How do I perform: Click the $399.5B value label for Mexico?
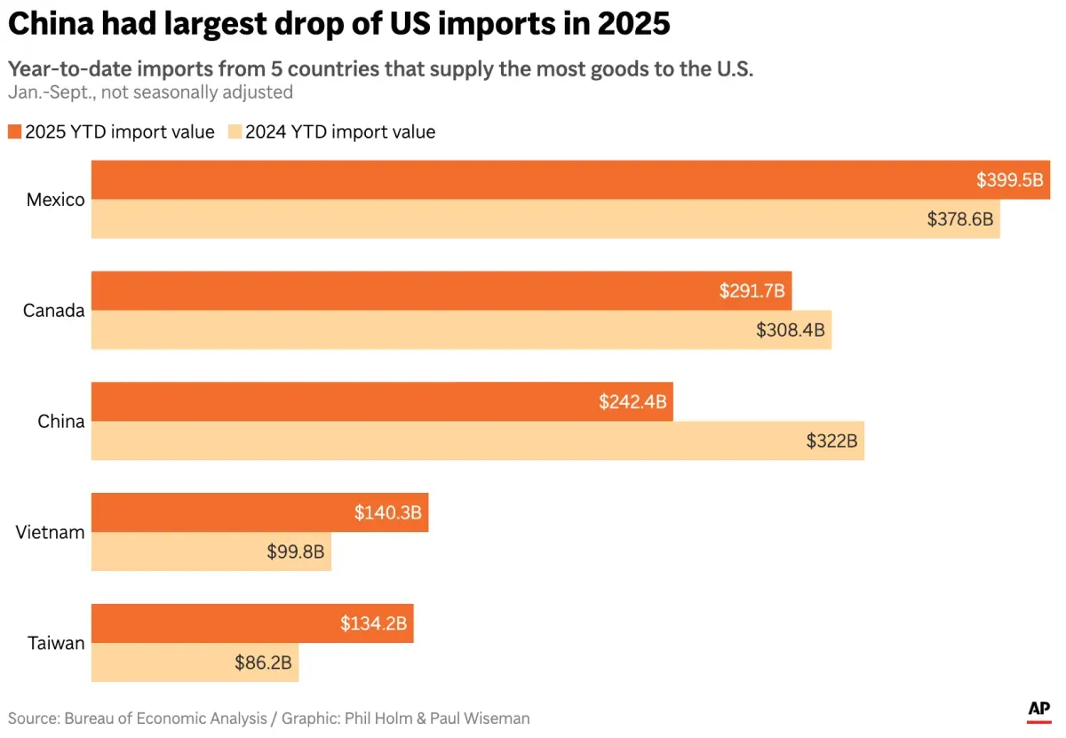[1009, 180]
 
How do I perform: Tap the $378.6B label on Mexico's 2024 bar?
[959, 218]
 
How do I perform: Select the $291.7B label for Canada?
[752, 291]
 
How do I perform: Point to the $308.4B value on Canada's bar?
[790, 329]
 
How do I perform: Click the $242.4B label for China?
[632, 402]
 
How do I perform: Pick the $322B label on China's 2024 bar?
[831, 440]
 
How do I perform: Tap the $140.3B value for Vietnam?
[387, 513]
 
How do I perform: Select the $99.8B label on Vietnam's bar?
[295, 552]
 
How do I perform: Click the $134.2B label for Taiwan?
[373, 624]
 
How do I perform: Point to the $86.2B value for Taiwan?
[263, 663]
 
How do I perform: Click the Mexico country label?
[55, 200]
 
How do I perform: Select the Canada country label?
[53, 311]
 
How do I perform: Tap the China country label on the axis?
[61, 422]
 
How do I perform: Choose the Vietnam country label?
[50, 533]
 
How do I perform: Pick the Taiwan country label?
[55, 644]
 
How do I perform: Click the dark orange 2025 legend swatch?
[14, 132]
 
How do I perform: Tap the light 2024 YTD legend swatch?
[235, 132]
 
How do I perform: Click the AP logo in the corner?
[1039, 710]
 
